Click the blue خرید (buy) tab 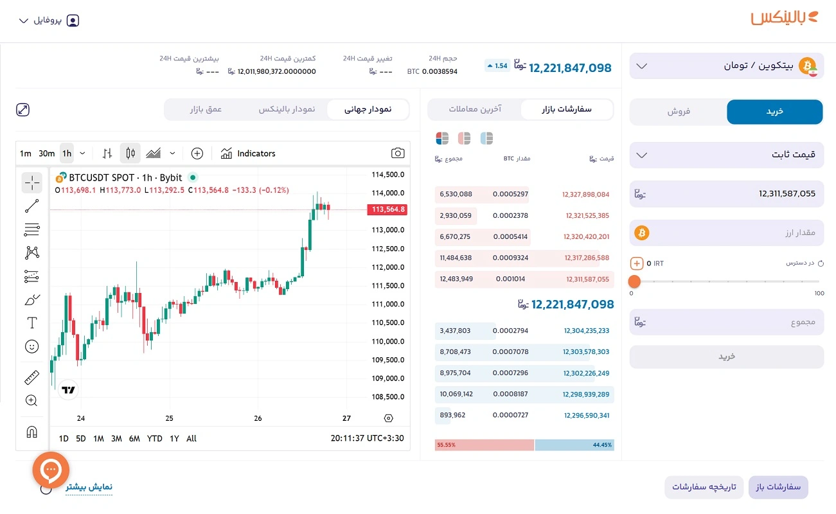(774, 112)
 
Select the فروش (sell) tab (678, 112)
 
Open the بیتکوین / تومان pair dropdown (726, 66)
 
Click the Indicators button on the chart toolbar (248, 154)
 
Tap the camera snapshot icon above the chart (398, 154)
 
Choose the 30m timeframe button (46, 154)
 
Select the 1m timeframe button (26, 154)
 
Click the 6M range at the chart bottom (134, 439)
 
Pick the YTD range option (154, 439)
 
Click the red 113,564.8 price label (387, 209)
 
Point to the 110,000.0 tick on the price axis (387, 341)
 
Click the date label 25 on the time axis (170, 418)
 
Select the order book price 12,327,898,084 (585, 194)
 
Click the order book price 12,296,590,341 (586, 415)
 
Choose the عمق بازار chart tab (206, 109)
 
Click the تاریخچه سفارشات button (704, 487)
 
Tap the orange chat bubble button (51, 470)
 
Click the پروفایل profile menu (49, 21)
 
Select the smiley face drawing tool (31, 347)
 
